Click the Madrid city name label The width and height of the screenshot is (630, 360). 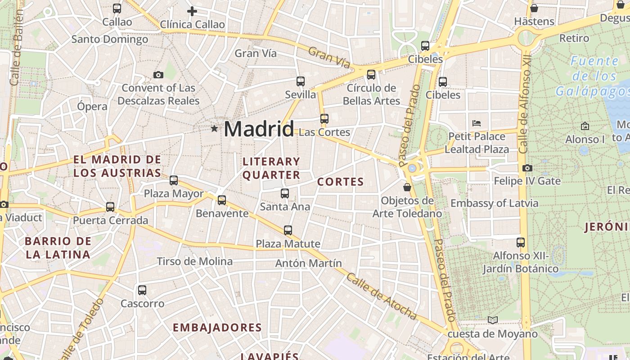click(x=259, y=129)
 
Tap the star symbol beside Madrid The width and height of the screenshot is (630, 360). click(x=214, y=129)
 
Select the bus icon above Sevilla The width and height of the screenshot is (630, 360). click(x=301, y=81)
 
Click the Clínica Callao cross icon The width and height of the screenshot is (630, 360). click(x=192, y=11)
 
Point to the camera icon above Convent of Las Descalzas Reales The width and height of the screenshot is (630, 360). click(x=158, y=75)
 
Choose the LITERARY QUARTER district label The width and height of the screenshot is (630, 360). click(x=271, y=168)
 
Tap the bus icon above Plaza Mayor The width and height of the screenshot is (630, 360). click(x=174, y=180)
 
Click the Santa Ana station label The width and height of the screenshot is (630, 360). click(x=285, y=207)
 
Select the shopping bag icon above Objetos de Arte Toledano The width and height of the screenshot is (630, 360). click(x=407, y=187)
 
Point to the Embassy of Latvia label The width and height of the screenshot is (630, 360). click(x=494, y=203)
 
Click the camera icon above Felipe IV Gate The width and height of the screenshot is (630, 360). click(x=527, y=168)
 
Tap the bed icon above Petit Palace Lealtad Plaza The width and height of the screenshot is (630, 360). click(x=477, y=123)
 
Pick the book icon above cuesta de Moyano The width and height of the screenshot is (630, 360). click(x=493, y=320)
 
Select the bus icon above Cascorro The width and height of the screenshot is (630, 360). click(x=142, y=290)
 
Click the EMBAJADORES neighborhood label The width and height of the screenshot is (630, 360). click(x=217, y=328)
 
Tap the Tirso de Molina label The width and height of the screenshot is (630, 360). click(x=194, y=261)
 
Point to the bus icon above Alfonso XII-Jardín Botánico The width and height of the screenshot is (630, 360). click(x=521, y=243)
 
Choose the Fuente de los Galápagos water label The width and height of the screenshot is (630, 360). click(x=594, y=76)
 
